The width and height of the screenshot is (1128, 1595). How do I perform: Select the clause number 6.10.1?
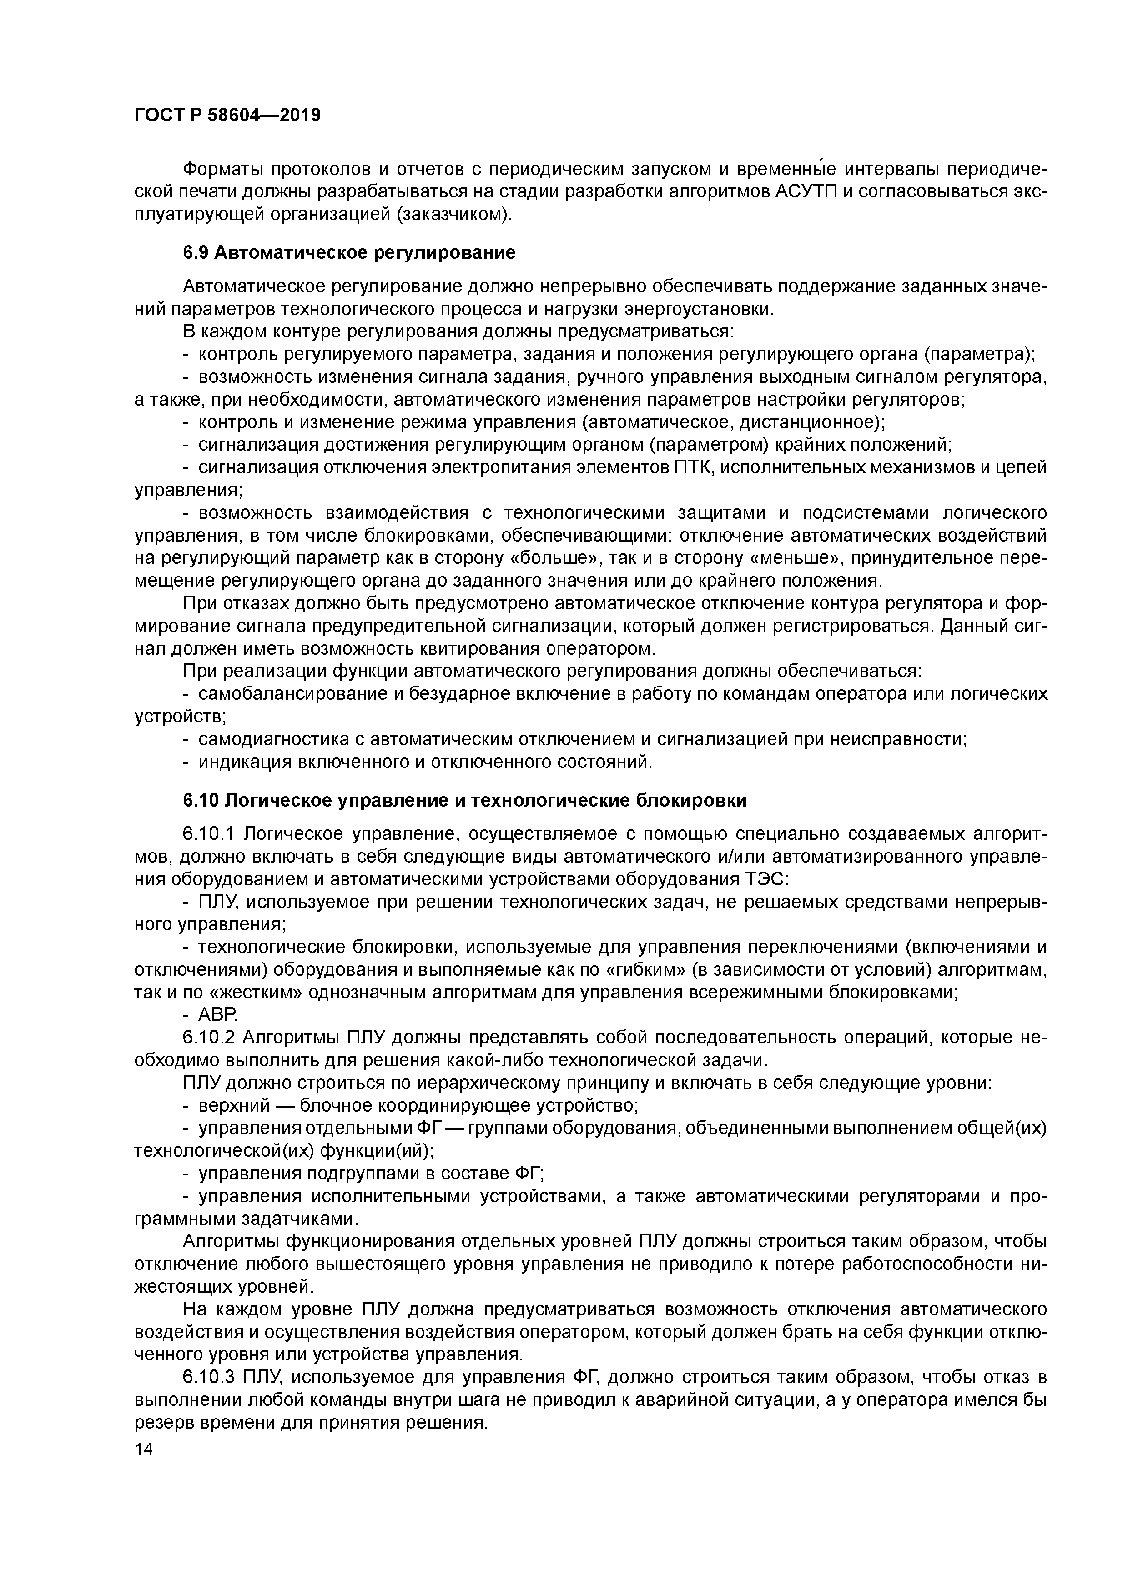[x=210, y=833]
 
